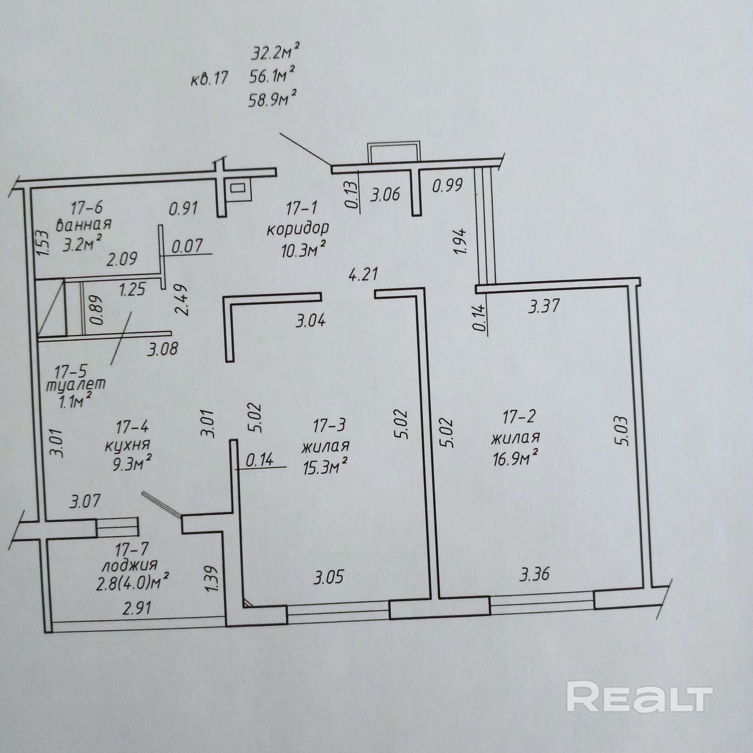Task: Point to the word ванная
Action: tap(84, 224)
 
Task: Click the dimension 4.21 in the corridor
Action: tap(363, 274)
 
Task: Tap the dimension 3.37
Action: tap(544, 306)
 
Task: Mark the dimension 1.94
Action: tap(460, 240)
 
